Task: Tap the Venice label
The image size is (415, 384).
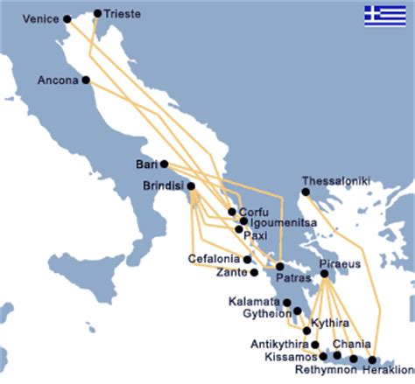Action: [x=39, y=18]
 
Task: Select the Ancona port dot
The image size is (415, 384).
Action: [x=86, y=80]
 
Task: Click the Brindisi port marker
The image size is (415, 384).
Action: [x=191, y=186]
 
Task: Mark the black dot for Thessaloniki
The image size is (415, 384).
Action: [x=306, y=192]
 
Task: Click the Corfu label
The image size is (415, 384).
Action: [x=251, y=211]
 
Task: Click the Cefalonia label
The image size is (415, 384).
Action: [x=215, y=258]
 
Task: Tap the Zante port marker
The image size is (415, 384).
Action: [x=253, y=272]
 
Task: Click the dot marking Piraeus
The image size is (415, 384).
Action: [x=324, y=274]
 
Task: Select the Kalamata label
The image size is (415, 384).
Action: [x=253, y=302]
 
